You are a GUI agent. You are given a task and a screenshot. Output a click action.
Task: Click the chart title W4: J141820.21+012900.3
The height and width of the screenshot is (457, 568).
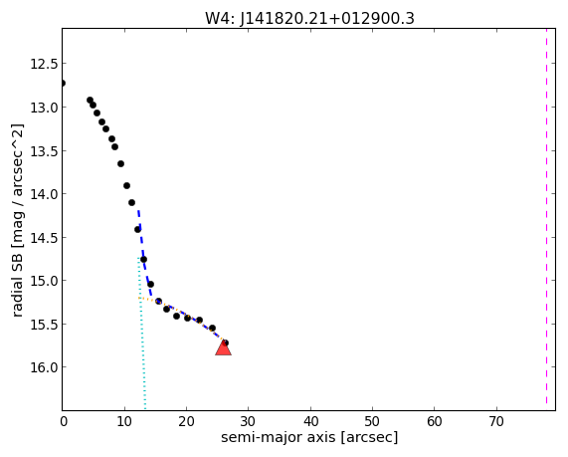tap(309, 18)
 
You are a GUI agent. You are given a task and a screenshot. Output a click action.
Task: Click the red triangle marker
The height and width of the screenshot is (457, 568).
tap(223, 347)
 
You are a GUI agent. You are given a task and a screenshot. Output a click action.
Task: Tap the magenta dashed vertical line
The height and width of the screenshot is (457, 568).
tap(546, 216)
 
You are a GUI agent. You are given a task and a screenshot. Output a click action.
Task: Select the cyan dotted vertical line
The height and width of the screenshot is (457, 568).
tap(141, 334)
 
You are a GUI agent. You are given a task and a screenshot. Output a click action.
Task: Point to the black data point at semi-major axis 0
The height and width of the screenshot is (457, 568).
tap(63, 83)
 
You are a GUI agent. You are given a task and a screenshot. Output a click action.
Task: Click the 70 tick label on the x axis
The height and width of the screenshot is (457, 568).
tap(496, 421)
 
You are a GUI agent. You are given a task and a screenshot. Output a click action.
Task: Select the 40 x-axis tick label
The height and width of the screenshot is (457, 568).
tap(310, 421)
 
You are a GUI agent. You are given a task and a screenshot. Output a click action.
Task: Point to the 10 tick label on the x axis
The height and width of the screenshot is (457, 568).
tap(124, 421)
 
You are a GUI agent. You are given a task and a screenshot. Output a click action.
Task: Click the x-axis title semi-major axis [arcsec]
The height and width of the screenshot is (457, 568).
tap(309, 437)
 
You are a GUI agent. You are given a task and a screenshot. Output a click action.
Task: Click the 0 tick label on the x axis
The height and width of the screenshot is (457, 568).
tap(64, 421)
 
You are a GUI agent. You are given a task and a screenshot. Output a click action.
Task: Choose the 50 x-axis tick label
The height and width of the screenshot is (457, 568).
tap(372, 421)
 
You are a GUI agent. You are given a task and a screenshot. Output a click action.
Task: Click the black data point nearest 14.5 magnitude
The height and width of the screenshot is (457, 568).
tap(137, 229)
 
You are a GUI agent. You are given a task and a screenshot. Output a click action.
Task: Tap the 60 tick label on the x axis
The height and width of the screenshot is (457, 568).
tap(435, 421)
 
